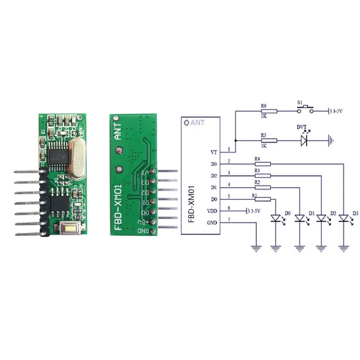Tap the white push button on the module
[x=72, y=229]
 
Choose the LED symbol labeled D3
[x=344, y=219]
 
